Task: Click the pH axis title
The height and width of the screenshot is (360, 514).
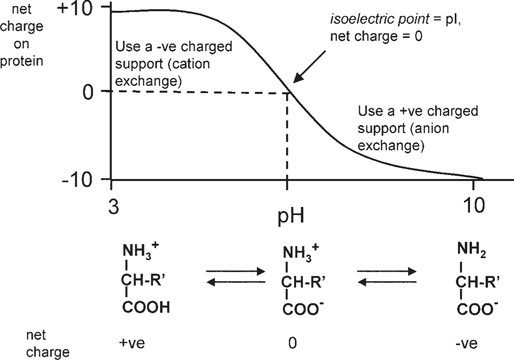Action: (287, 212)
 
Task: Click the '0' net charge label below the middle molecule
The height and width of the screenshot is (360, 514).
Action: (287, 343)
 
